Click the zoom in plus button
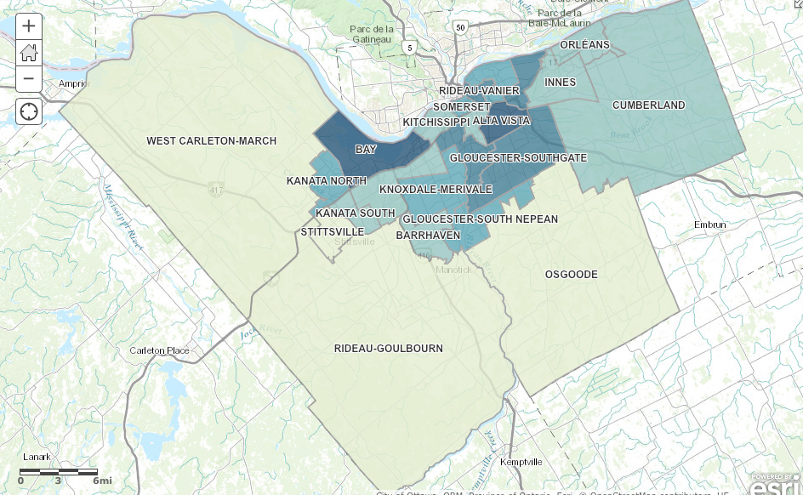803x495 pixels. [x=29, y=26]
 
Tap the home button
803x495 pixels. [x=29, y=52]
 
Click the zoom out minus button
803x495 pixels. [x=29, y=78]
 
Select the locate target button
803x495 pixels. [x=29, y=111]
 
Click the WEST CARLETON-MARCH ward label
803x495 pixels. [x=211, y=141]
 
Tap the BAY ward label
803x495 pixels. [x=366, y=150]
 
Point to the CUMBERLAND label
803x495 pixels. [x=648, y=105]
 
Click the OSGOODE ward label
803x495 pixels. [x=571, y=275]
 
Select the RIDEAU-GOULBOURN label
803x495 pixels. [x=388, y=349]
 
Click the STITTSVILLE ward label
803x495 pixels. [x=333, y=231]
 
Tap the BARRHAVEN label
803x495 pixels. [x=428, y=235]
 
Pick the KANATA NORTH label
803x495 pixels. [x=326, y=181]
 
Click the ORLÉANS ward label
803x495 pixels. [x=584, y=44]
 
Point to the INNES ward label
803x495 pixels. [x=560, y=82]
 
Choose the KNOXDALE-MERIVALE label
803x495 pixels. [x=436, y=189]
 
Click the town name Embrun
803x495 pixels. [x=709, y=225]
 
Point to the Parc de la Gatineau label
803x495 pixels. [x=370, y=33]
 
